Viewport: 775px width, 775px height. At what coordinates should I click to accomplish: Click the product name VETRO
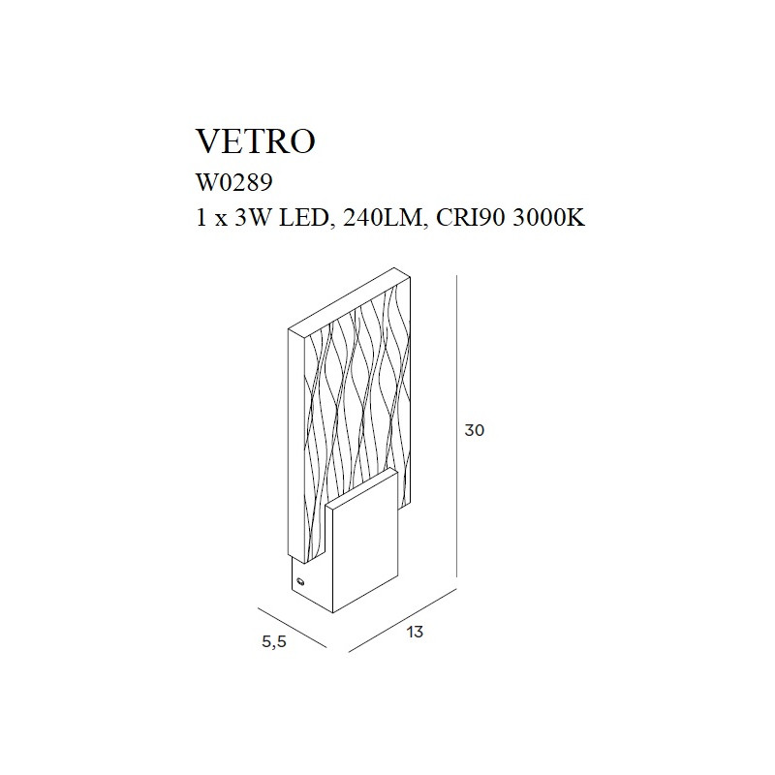[x=256, y=141]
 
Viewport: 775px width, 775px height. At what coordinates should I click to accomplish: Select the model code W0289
[x=234, y=183]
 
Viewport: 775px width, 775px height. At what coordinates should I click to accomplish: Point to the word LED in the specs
[x=303, y=218]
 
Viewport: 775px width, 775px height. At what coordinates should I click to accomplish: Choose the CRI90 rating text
[x=471, y=218]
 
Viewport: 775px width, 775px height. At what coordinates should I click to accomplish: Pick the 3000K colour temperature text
[x=548, y=218]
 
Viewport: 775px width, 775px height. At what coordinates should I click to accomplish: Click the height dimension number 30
[x=475, y=430]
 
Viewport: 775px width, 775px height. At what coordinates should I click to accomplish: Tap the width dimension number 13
[x=416, y=632]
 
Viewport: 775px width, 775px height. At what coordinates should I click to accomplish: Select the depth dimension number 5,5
[x=274, y=641]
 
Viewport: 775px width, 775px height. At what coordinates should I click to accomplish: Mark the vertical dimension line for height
[x=456, y=426]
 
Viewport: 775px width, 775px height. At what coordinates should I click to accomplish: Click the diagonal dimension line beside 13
[x=402, y=621]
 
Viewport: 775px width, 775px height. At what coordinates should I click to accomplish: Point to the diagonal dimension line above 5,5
[x=293, y=626]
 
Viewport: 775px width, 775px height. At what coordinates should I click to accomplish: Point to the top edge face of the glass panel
[x=350, y=303]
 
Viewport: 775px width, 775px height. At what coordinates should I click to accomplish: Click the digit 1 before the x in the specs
[x=201, y=218]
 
